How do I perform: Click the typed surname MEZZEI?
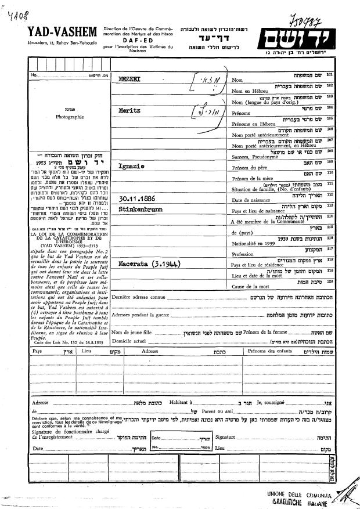point(128,77)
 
